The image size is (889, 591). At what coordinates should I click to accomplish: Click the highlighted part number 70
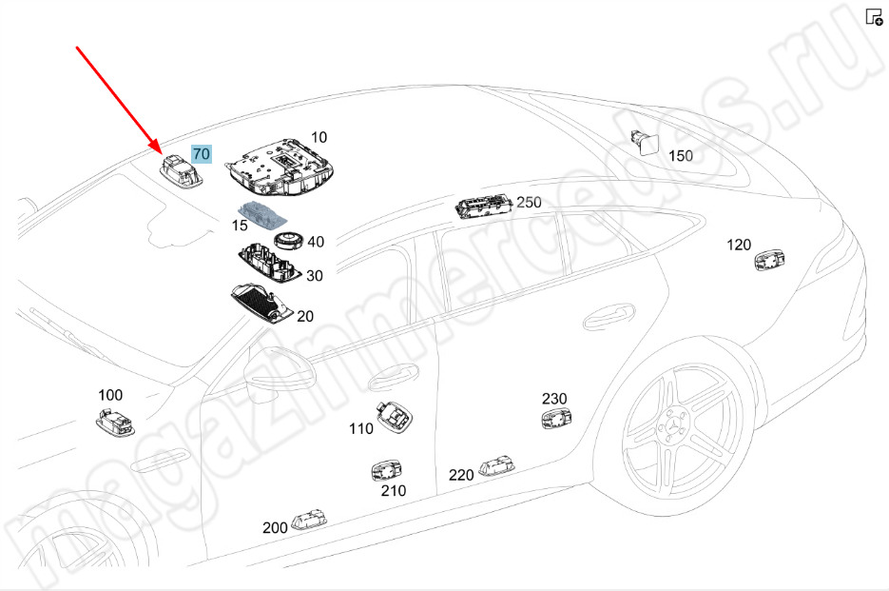pyautogui.click(x=203, y=153)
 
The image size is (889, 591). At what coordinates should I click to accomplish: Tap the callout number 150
pyautogui.click(x=681, y=155)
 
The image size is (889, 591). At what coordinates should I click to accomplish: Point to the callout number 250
pyautogui.click(x=528, y=202)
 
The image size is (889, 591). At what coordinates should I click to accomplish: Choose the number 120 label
pyautogui.click(x=739, y=245)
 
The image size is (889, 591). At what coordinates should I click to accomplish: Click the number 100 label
pyautogui.click(x=110, y=394)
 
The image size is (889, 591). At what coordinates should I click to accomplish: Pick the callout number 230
pyautogui.click(x=554, y=398)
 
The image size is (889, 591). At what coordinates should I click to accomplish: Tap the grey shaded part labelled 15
pyautogui.click(x=263, y=213)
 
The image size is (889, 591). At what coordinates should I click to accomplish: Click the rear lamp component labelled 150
pyautogui.click(x=648, y=142)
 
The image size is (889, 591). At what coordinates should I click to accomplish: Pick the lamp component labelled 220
pyautogui.click(x=497, y=464)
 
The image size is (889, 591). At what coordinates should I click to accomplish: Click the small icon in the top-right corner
pyautogui.click(x=874, y=16)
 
